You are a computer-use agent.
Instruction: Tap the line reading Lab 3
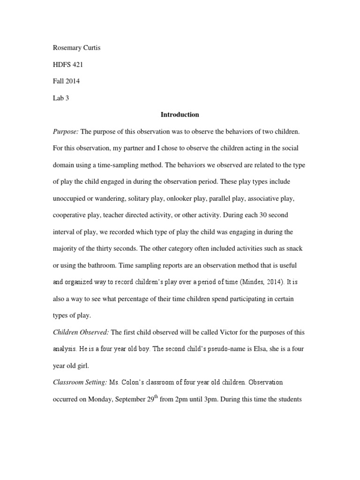(60, 97)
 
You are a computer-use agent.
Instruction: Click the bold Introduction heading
(180, 114)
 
